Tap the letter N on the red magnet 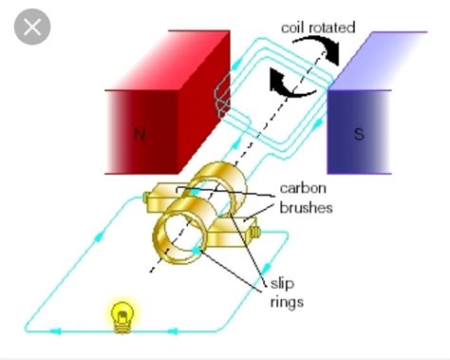139,134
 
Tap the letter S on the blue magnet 359,134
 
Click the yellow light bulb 121,315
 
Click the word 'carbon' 303,189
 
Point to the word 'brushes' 306,207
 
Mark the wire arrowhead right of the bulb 173,331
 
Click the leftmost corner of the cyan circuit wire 27,329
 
